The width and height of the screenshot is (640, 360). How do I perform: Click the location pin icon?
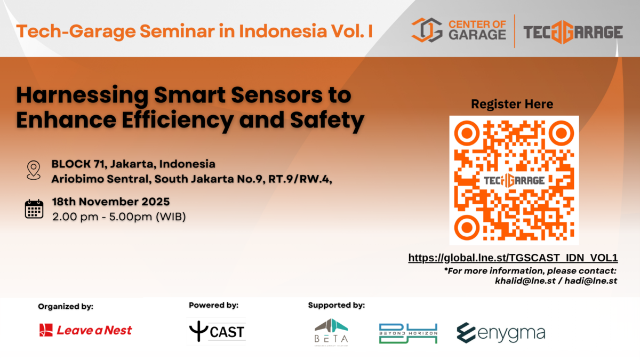tap(34, 170)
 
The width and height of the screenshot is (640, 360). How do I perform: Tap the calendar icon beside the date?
tap(34, 209)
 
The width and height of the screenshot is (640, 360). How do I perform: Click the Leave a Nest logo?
tap(85, 330)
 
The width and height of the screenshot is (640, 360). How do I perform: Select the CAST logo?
tap(217, 332)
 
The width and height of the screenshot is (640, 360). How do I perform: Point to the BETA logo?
tap(331, 331)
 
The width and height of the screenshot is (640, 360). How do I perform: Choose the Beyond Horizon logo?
tap(408, 333)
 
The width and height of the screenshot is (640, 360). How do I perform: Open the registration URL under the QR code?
tap(513, 258)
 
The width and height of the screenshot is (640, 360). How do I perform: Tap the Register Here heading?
tap(512, 104)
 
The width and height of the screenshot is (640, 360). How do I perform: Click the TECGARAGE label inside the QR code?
tap(514, 180)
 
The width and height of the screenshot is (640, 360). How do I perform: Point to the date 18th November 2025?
tap(111, 202)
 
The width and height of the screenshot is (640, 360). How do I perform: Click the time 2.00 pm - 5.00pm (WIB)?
tap(118, 217)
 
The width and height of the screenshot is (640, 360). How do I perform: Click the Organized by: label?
tap(66, 306)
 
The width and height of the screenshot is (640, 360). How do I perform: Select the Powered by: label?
tap(213, 306)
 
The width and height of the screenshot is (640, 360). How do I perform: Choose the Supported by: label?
tap(337, 306)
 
